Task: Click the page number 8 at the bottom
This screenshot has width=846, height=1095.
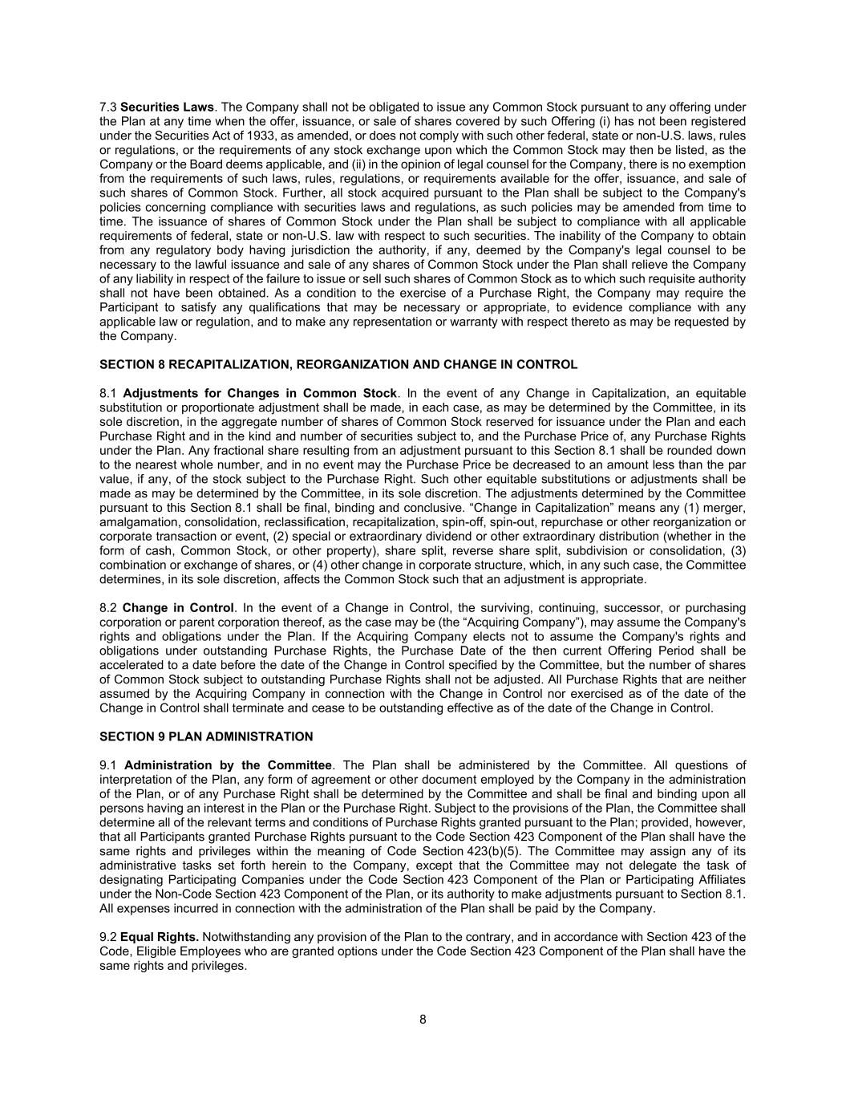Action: coord(423,1020)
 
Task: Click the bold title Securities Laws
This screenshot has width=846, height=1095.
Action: coord(167,107)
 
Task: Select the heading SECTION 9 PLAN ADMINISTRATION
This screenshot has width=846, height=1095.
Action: coord(206,736)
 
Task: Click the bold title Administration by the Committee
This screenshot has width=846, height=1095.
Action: coord(228,765)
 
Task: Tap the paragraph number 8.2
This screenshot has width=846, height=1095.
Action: coord(108,608)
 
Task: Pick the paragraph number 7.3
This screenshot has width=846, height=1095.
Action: coord(108,107)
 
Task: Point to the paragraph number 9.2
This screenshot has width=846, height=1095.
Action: coord(108,937)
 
